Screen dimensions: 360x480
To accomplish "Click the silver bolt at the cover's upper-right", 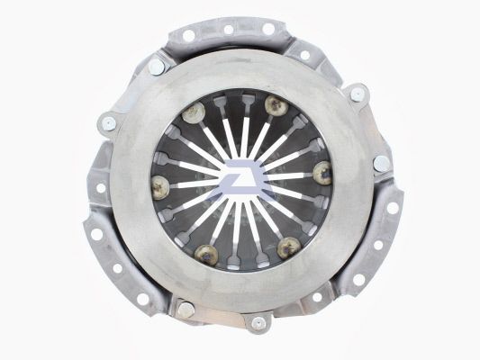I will point(358,93).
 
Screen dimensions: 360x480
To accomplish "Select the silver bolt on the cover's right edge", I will point(381,163).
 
